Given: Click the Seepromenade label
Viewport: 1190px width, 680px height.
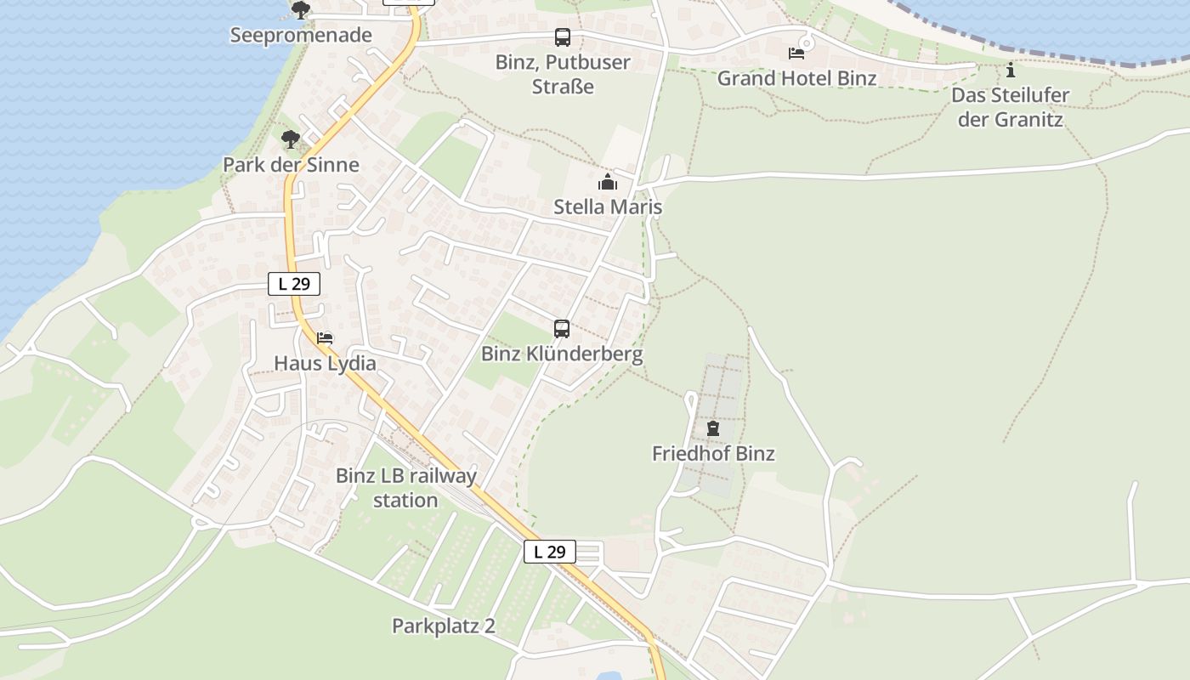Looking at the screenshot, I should (x=301, y=36).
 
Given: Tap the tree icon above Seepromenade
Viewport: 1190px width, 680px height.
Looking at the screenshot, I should (x=300, y=10).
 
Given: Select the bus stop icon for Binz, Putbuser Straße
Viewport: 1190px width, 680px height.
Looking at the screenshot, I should (x=563, y=37).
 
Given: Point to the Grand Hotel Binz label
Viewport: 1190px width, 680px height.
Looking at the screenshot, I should (x=796, y=78).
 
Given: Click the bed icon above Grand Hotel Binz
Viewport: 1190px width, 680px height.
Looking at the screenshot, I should (x=796, y=53).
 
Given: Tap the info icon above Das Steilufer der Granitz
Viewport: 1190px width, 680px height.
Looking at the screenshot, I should (x=1010, y=70).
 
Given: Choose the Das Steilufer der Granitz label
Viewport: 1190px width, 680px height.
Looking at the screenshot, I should (x=1010, y=107).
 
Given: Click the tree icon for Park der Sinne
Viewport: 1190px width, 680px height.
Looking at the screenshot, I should (x=291, y=139).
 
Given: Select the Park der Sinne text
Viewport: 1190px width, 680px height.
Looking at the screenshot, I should (x=291, y=165).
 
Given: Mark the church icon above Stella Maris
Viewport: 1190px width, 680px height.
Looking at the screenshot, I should (x=608, y=182).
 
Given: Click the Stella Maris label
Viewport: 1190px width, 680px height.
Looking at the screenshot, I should (x=608, y=207).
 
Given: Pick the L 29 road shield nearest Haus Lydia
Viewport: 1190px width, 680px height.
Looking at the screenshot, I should (x=294, y=284).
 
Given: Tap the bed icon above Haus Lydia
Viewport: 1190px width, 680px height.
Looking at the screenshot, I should (x=325, y=338).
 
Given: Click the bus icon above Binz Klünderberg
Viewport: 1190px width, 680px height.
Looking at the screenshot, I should (x=562, y=329).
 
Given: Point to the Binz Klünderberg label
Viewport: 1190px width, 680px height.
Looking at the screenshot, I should (x=562, y=354).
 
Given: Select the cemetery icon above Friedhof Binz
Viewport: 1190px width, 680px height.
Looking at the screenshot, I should (x=713, y=428).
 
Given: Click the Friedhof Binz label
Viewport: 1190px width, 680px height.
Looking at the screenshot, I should (x=713, y=454).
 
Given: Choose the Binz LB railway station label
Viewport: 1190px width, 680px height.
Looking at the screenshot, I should (x=406, y=488).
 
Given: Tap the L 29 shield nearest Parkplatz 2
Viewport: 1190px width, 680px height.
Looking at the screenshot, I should (x=550, y=552).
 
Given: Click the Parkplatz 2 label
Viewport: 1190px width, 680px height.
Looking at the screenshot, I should (x=443, y=626).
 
